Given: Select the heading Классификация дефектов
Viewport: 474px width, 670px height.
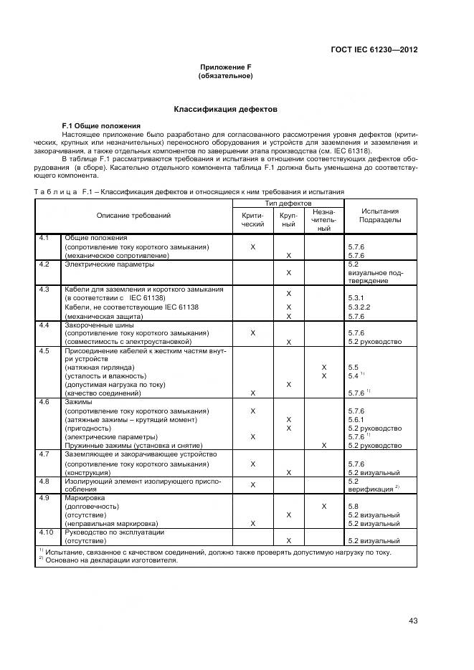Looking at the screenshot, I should [x=225, y=109].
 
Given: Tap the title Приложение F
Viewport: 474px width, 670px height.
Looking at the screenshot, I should [x=225, y=67].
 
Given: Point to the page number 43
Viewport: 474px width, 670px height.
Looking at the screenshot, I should [x=413, y=621].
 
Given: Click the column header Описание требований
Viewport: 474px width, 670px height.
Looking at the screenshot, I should [x=133, y=216].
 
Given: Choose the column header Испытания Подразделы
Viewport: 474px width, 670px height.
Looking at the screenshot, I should [x=380, y=216].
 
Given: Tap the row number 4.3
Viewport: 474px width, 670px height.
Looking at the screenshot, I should [x=44, y=289].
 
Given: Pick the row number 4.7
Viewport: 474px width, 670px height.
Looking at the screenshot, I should [x=44, y=454].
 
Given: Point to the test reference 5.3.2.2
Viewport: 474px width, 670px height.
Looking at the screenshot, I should [x=361, y=307].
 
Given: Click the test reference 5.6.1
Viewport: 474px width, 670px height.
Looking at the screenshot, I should [x=356, y=419].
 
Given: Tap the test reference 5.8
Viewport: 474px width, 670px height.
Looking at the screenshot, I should [x=353, y=506].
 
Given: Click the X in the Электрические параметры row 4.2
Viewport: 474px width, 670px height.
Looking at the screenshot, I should [x=288, y=272].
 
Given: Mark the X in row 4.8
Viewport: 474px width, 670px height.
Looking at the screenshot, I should [x=253, y=485].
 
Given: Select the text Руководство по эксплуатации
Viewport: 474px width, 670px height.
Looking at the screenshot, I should [x=115, y=532].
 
